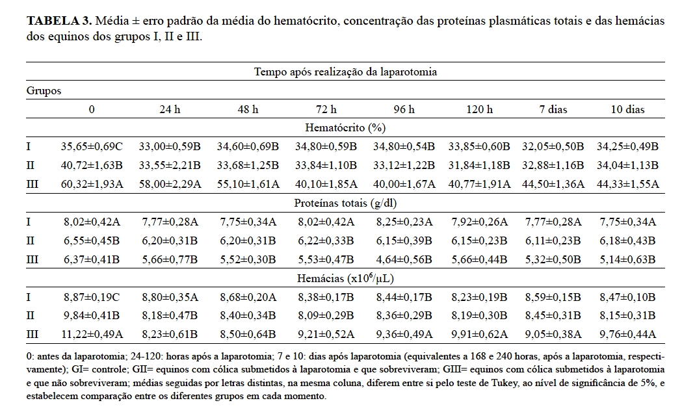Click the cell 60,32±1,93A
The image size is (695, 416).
coord(92,184)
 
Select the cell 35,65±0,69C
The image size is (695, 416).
coord(92,146)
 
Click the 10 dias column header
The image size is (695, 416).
coord(627,109)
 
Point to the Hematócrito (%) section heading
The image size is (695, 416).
coord(345,128)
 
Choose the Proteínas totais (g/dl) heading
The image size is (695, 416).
coord(345,203)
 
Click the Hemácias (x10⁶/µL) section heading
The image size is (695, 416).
coord(345,279)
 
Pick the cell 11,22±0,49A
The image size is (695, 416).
coord(92,335)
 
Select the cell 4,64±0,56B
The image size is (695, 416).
coord(400,259)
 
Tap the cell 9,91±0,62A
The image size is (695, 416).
coord(478,335)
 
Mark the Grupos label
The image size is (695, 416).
coord(44,90)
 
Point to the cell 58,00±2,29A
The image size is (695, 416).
coord(170,184)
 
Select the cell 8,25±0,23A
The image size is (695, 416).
coord(400,222)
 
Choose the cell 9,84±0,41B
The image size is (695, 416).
coord(92,316)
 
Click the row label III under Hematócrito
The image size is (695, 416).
coord(33,184)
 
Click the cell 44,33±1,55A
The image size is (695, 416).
coord(627,184)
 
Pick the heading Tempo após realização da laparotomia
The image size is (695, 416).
coord(345,71)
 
